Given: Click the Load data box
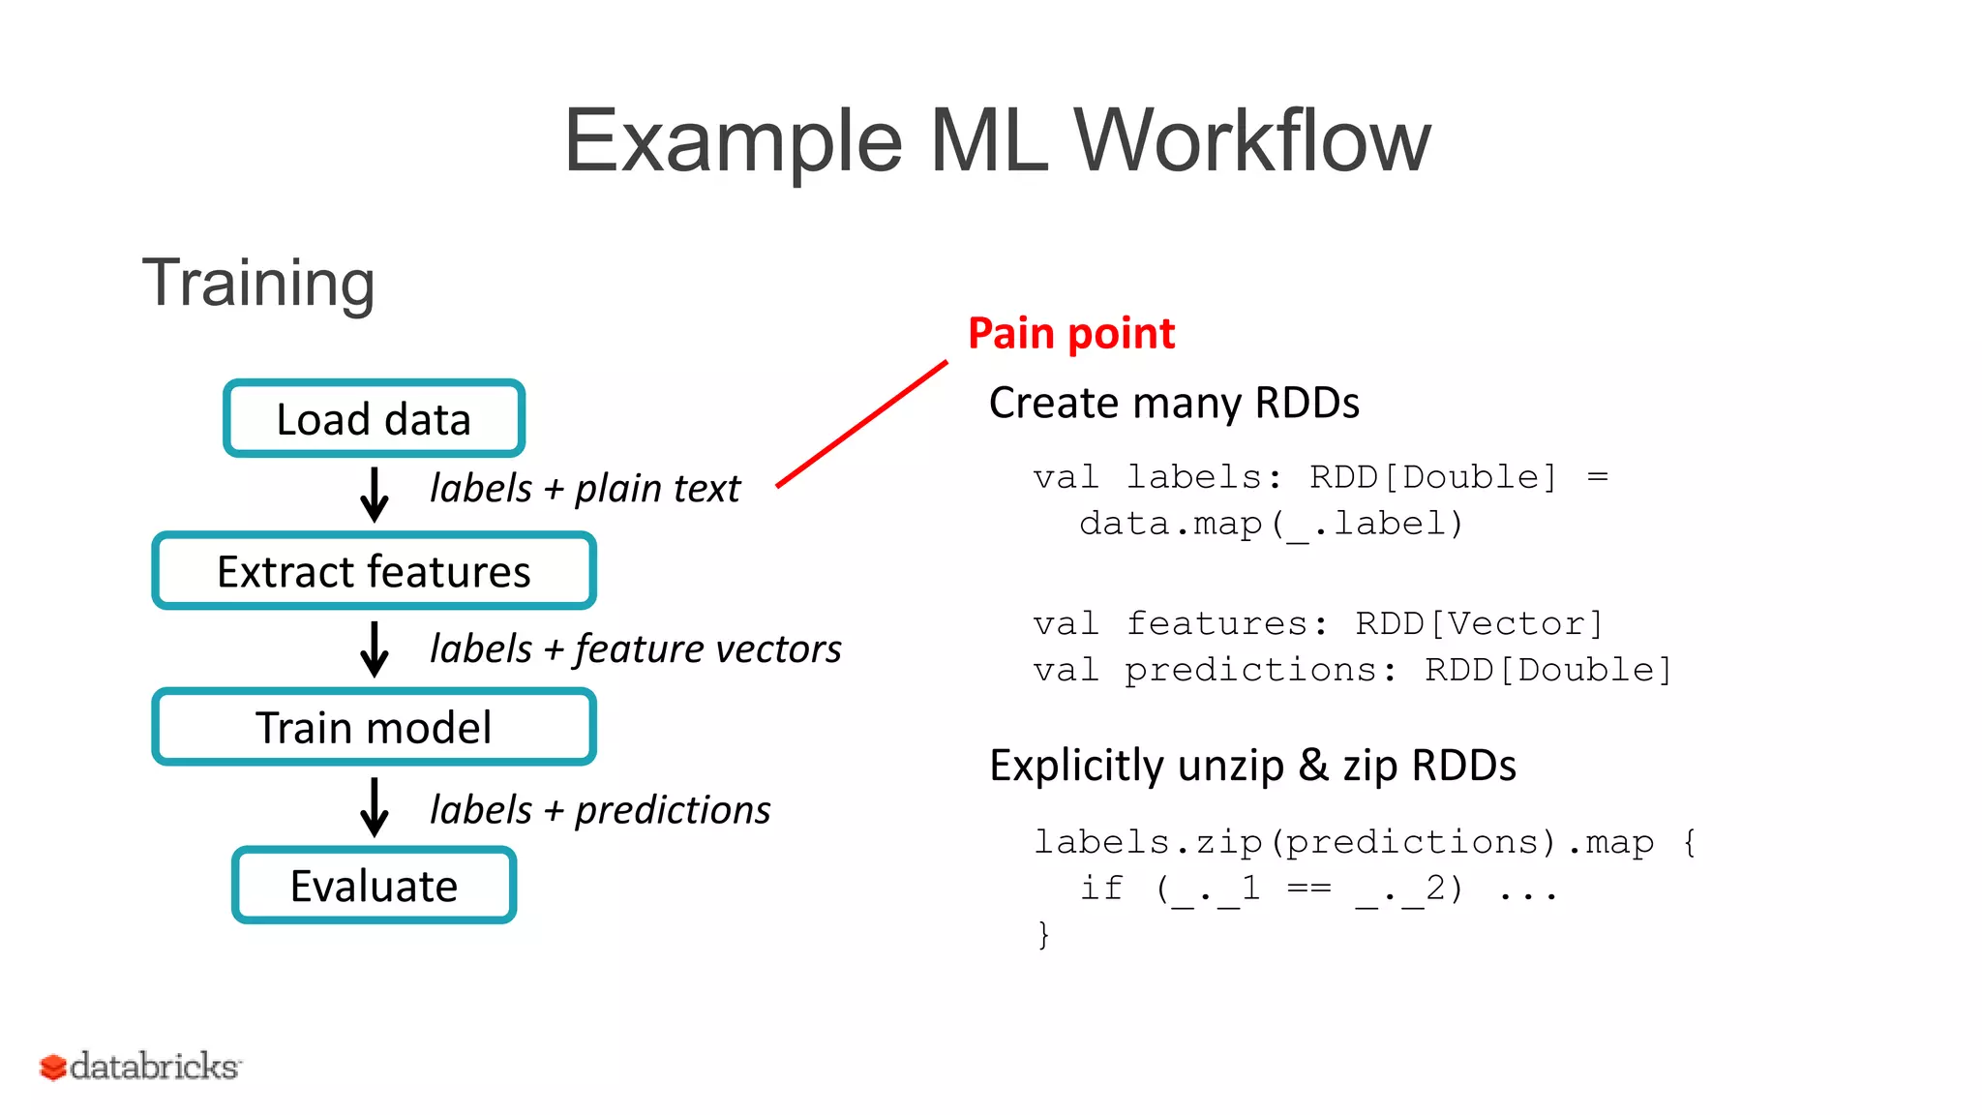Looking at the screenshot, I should pyautogui.click(x=374, y=419).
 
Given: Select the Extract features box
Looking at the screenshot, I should pyautogui.click(x=374, y=571).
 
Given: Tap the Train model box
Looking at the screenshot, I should pyautogui.click(x=374, y=727).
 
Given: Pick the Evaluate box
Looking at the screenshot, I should pyautogui.click(x=374, y=886).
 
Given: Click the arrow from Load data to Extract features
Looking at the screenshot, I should pyautogui.click(x=375, y=495).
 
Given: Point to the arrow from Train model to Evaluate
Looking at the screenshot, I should pyautogui.click(x=375, y=806).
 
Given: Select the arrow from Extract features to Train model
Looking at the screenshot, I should pyautogui.click(x=375, y=648).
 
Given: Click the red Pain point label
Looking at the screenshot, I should pyautogui.click(x=1070, y=334).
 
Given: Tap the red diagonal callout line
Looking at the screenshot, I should pyautogui.click(x=861, y=424).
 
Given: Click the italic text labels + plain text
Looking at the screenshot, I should pyautogui.click(x=585, y=489).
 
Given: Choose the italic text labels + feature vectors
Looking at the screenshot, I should pyautogui.click(x=635, y=648).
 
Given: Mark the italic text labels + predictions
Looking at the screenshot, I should pyautogui.click(x=600, y=810).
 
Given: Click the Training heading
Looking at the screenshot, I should pyautogui.click(x=258, y=283).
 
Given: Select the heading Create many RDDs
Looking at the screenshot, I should pyautogui.click(x=1174, y=403).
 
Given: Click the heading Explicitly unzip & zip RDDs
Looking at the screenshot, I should pyautogui.click(x=1252, y=766).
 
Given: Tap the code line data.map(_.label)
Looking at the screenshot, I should pyautogui.click(x=1271, y=525).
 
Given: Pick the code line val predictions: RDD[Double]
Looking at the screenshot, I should pyautogui.click(x=1352, y=670).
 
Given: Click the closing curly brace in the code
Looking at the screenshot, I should pyautogui.click(x=1043, y=935).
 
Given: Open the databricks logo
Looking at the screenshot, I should pyautogui.click(x=141, y=1067).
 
